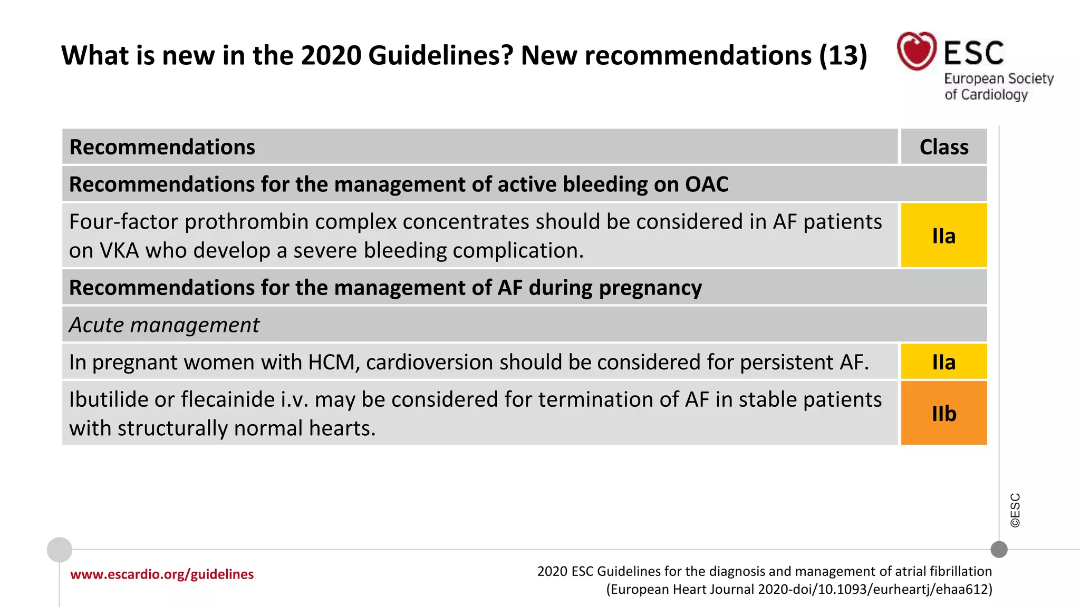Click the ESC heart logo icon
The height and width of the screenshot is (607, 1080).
pyautogui.click(x=917, y=51)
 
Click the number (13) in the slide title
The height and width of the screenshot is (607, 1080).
pyautogui.click(x=843, y=55)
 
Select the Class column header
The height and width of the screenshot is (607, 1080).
pyautogui.click(x=943, y=147)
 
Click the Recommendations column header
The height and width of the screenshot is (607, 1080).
pyautogui.click(x=162, y=147)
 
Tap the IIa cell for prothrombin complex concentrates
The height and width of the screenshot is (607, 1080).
pyautogui.click(x=943, y=236)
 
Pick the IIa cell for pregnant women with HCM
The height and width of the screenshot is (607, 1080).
pyautogui.click(x=943, y=362)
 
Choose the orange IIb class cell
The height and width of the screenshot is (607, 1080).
pyautogui.click(x=943, y=414)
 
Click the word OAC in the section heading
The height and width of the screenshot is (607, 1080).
pyautogui.click(x=706, y=184)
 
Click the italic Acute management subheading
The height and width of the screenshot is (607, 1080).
pyautogui.click(x=164, y=325)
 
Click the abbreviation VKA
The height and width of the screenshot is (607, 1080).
pyautogui.click(x=119, y=251)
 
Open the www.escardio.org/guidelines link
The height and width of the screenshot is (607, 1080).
pyautogui.click(x=162, y=574)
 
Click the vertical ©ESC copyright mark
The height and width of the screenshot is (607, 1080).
pyautogui.click(x=1015, y=510)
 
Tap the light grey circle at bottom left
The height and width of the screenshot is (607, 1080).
pyautogui.click(x=60, y=550)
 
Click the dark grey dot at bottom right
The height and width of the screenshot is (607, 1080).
pyautogui.click(x=999, y=550)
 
